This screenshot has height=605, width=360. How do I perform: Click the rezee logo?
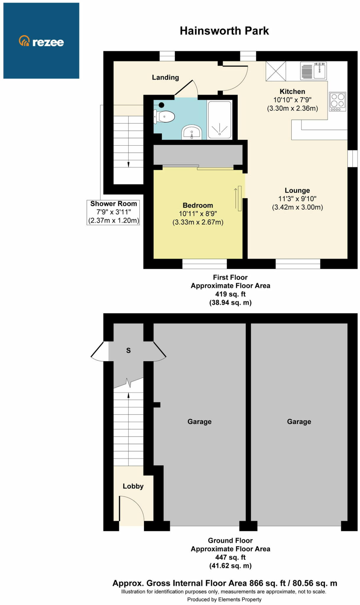pos(41,42)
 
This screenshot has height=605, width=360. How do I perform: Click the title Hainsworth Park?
pos(224,31)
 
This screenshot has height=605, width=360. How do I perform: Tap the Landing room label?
pos(165,77)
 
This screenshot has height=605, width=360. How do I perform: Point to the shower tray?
pos(220,120)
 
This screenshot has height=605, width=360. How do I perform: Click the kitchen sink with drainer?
pos(313,71)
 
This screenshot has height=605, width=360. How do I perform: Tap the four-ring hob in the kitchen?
pos(338,101)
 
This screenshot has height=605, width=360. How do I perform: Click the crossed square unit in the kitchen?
pos(275,71)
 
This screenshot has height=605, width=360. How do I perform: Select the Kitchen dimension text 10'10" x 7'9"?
pos(292,100)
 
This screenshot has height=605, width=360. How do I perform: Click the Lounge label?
pos(297,191)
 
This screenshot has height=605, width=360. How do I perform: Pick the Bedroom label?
pos(198,205)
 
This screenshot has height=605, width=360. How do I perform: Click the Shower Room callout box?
pos(113,212)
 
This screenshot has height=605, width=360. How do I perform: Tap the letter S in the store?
pos(128,351)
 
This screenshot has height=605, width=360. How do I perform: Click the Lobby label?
pos(133,486)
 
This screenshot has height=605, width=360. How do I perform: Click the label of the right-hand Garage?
pos(299,422)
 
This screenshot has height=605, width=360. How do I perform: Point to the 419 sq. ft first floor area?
pos(230,294)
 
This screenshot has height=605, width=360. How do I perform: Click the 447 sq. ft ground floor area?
pos(230,557)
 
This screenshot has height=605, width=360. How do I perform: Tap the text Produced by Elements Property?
pos(224,599)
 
